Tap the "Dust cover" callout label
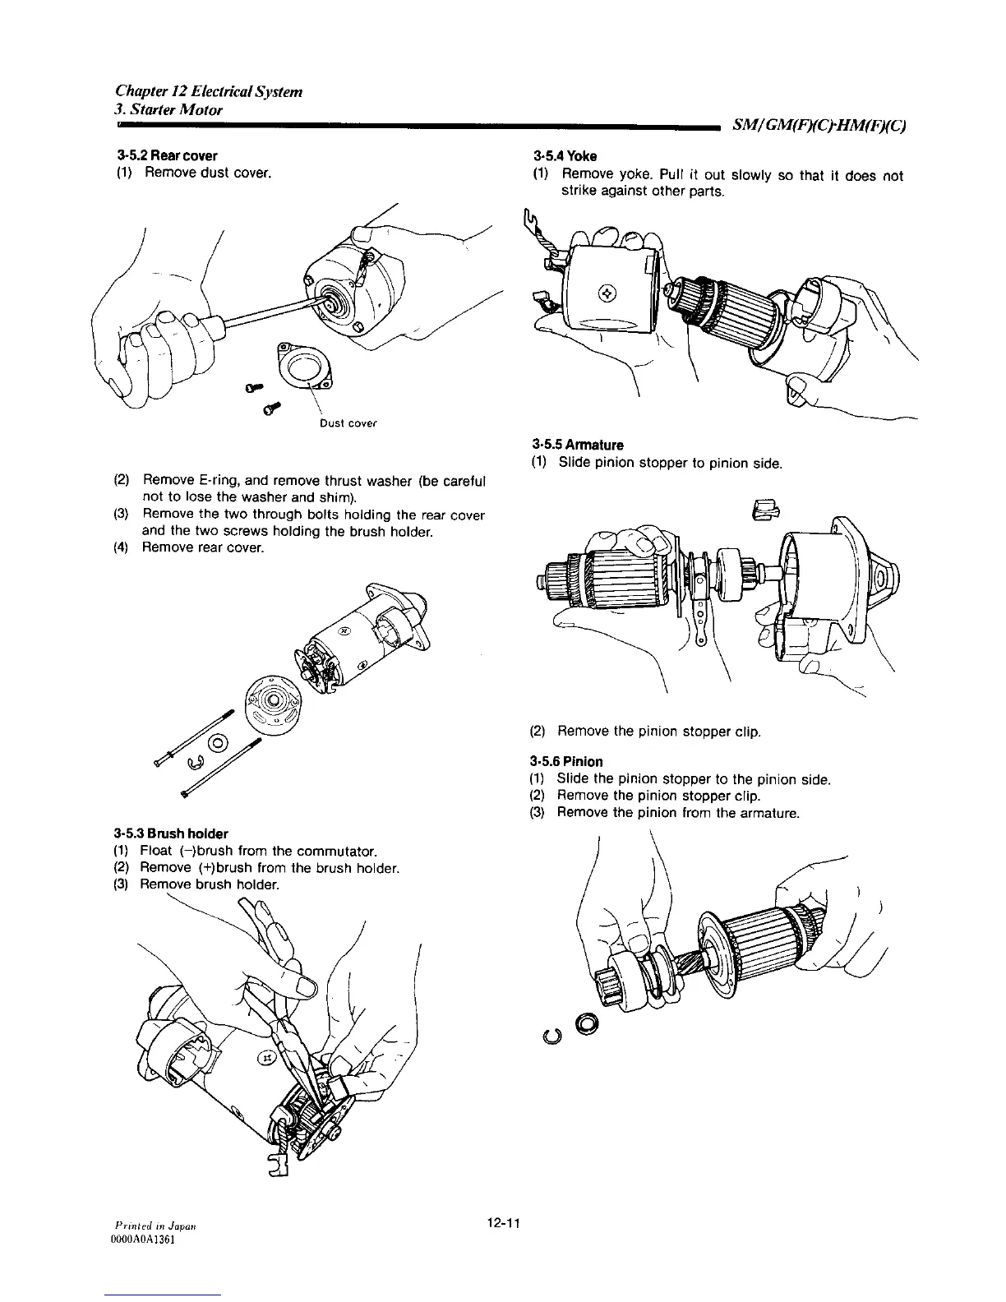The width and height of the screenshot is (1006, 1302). (x=348, y=424)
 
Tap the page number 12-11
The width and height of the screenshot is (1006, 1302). (x=505, y=1224)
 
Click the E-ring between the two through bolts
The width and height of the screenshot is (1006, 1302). (x=196, y=765)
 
